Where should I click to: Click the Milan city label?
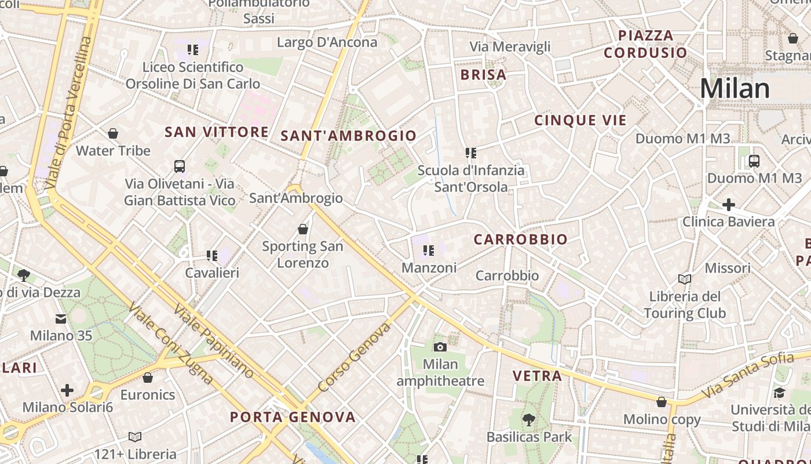pos(735,89)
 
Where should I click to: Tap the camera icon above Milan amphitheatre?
pos(440,347)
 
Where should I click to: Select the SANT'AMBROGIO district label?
pos(349,136)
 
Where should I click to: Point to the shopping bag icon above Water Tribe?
pos(113,134)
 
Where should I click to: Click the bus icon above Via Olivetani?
pos(180,166)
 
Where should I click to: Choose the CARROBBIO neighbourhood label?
pos(520,240)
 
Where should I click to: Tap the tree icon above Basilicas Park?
pos(528,419)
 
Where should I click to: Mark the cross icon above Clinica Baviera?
pos(728,205)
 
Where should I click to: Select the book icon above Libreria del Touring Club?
pos(685,280)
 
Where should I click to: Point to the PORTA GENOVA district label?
pos(293,417)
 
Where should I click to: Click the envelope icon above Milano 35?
pos(61,318)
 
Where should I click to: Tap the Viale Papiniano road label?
pos(214,343)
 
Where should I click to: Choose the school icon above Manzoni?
pos(429,251)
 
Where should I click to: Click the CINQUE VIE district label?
pos(580,121)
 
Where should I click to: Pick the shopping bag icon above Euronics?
pos(148,378)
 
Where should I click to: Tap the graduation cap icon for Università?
pos(779,393)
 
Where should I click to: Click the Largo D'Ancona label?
pos(327,42)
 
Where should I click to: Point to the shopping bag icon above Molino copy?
pos(662,402)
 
